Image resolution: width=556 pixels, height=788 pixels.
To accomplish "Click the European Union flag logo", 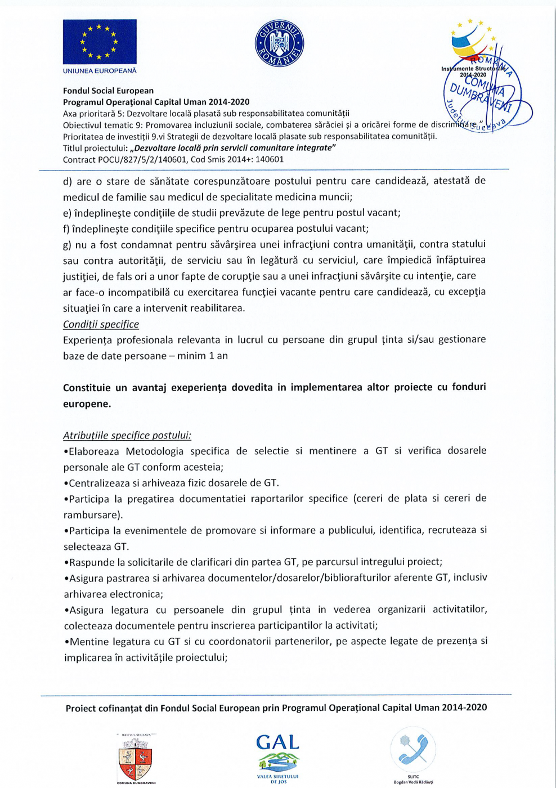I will click(100, 42).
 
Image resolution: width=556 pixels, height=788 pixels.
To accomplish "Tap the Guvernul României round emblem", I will click(279, 43).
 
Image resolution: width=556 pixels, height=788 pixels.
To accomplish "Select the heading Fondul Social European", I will click(108, 91).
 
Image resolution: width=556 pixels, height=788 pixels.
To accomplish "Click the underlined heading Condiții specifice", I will click(101, 324).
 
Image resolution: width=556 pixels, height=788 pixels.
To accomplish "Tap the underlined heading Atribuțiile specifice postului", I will click(127, 435).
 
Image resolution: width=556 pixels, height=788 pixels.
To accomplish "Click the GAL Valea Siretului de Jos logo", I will click(278, 757).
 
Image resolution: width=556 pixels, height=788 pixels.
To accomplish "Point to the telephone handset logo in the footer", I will click(413, 749).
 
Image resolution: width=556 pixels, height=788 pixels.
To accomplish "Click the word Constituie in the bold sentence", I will click(86, 387).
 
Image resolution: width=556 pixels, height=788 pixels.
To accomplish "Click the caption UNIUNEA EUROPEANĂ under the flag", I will click(100, 71).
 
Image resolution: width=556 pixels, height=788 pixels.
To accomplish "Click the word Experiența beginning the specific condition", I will click(88, 340).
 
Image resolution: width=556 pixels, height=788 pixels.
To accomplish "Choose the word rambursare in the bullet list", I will click(91, 514).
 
